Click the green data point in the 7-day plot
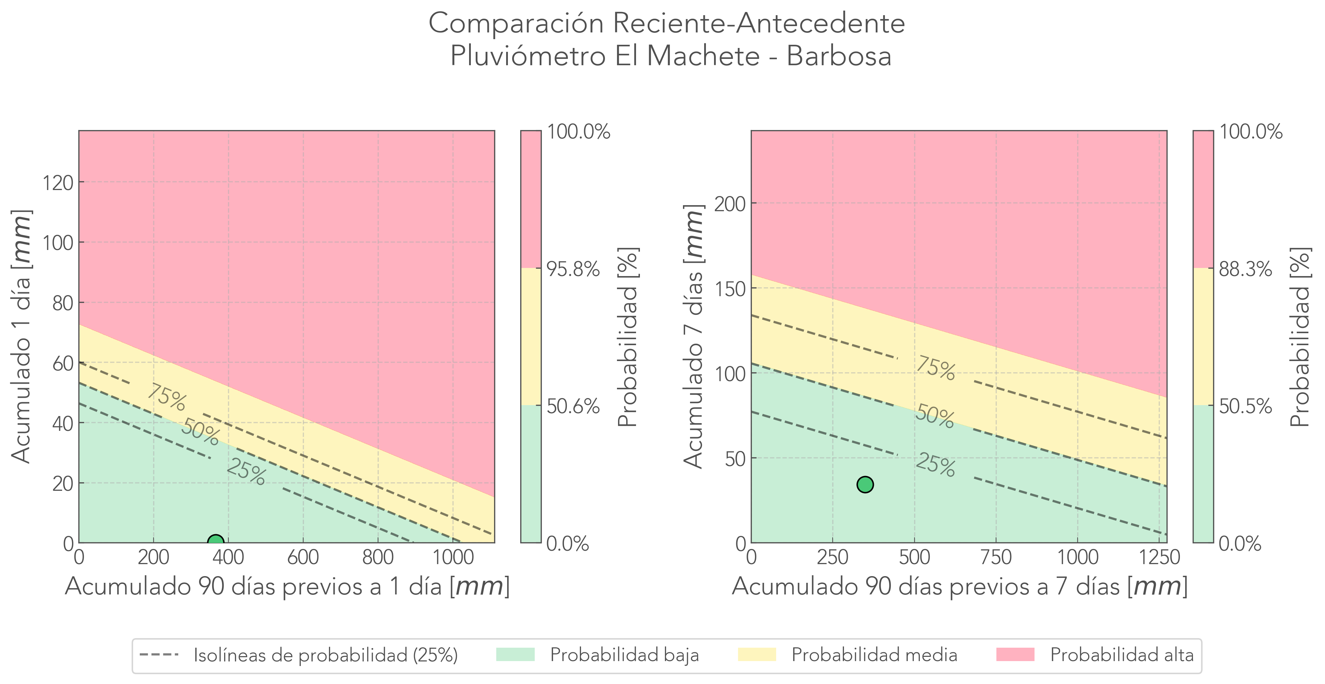pyautogui.click(x=865, y=484)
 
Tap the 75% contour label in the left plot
pyautogui.click(x=166, y=398)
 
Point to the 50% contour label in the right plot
pyautogui.click(x=935, y=416)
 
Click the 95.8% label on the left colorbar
pyautogui.click(x=573, y=269)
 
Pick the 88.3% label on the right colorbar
pyautogui.click(x=1245, y=269)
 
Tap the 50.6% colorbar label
pyautogui.click(x=573, y=407)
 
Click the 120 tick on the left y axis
pyautogui.click(x=58, y=182)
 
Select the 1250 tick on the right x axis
pyautogui.click(x=1159, y=557)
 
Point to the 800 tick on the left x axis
pyautogui.click(x=378, y=557)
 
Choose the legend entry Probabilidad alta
pyautogui.click(x=1121, y=655)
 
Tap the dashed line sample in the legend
pyautogui.click(x=158, y=655)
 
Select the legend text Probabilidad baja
pyautogui.click(x=624, y=655)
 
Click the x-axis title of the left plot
pyautogui.click(x=287, y=586)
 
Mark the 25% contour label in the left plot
pyautogui.click(x=246, y=472)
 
